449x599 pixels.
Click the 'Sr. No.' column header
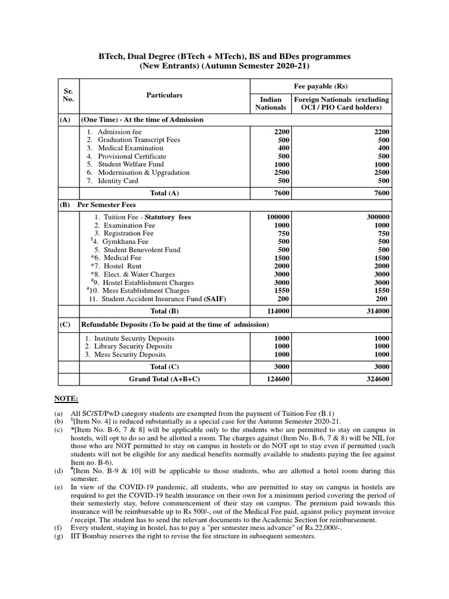69,95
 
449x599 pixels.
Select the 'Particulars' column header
164,95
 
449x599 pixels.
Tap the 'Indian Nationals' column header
271,104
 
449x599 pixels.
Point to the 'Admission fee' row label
123,132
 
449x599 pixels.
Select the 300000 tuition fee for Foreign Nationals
378,217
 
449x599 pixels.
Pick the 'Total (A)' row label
164,193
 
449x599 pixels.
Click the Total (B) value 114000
277,311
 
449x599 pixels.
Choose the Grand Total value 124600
277,380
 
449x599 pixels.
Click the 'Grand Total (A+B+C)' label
164,380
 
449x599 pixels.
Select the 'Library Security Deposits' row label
133,346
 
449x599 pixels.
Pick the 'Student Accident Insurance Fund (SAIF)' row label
164,299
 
